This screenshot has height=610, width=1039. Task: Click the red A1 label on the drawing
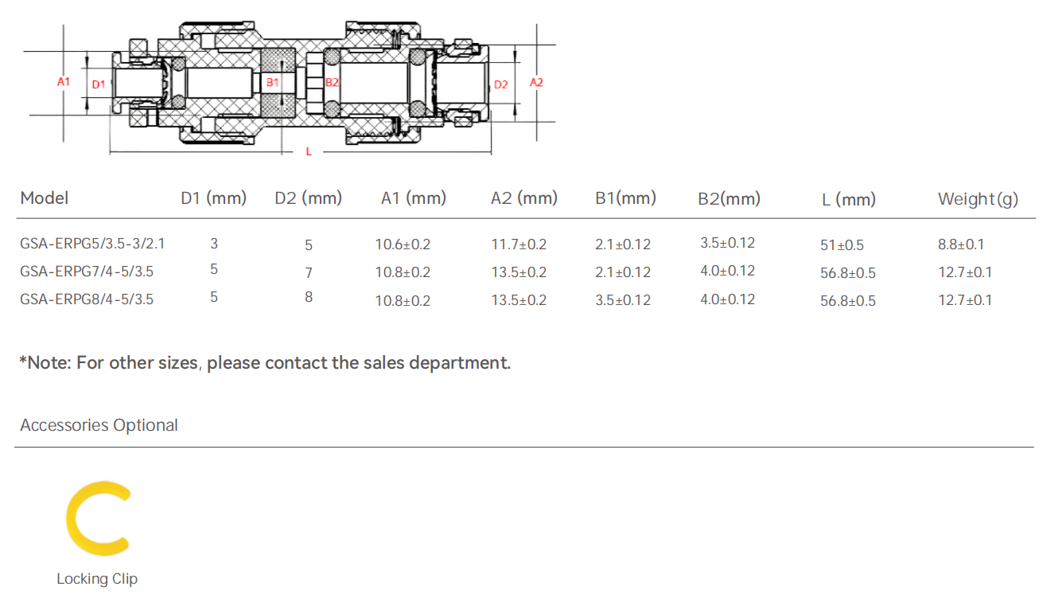click(x=64, y=82)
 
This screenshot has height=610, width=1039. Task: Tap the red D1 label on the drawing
click(x=98, y=84)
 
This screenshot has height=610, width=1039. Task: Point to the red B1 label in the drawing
click(x=273, y=82)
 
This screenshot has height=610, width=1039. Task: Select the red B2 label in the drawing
click(x=333, y=82)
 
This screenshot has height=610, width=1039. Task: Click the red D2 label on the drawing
click(x=500, y=84)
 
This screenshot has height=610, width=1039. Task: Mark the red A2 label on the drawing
click(x=536, y=82)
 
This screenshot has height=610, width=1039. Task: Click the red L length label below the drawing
click(x=309, y=151)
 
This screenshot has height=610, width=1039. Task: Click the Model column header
click(x=45, y=197)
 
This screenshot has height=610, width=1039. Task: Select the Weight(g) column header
click(x=978, y=199)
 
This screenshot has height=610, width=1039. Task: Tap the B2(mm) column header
click(x=729, y=198)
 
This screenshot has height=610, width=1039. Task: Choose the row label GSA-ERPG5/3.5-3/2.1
click(x=93, y=244)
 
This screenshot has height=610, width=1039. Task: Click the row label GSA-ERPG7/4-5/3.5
click(x=87, y=272)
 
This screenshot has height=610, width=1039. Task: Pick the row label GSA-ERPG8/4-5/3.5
click(x=87, y=299)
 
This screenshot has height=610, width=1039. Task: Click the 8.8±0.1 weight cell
click(x=965, y=244)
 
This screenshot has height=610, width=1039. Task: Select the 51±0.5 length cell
click(x=842, y=245)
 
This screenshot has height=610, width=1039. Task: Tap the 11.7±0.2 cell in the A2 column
click(x=519, y=244)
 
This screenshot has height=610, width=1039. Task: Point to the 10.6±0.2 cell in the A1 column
click(x=403, y=244)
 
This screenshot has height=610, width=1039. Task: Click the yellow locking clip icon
click(x=97, y=518)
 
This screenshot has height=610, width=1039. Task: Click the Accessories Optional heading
click(x=99, y=425)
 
